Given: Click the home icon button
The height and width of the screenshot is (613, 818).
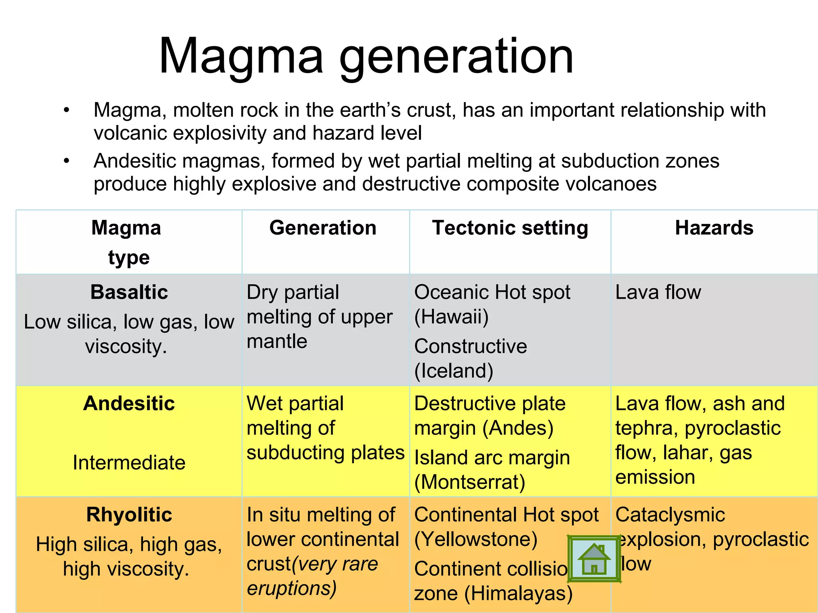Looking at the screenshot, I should tap(594, 559).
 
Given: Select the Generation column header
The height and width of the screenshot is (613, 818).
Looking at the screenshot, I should tap(323, 228).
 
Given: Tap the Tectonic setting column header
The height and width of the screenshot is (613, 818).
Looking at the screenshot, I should tap(510, 228).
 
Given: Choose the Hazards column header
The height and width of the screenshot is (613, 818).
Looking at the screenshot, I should tap(714, 228).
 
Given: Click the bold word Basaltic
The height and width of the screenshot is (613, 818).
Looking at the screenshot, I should tap(129, 292).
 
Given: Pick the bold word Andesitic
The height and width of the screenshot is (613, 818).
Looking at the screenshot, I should tap(129, 403).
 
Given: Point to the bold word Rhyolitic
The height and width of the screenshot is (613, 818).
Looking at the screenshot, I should tap(129, 514).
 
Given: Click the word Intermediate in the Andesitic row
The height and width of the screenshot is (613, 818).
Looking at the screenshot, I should tap(129, 463).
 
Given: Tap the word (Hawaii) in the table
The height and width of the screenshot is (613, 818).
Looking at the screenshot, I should tap(451, 317).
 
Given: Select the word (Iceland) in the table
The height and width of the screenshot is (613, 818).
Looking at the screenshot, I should tap(454, 371).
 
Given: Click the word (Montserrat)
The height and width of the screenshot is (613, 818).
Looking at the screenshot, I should tap(470, 482).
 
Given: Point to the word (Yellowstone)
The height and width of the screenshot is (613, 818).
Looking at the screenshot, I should tap(476, 540).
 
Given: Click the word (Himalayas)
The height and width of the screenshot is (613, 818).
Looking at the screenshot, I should tap(518, 593).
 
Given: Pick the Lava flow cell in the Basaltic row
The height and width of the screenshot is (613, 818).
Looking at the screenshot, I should tap(658, 292).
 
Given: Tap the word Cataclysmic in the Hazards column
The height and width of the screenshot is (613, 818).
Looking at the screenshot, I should tap(670, 514).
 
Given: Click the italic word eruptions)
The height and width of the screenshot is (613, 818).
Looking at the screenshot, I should tap(292, 588).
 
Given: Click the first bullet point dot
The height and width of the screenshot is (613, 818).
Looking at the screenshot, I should tap(66, 110).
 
